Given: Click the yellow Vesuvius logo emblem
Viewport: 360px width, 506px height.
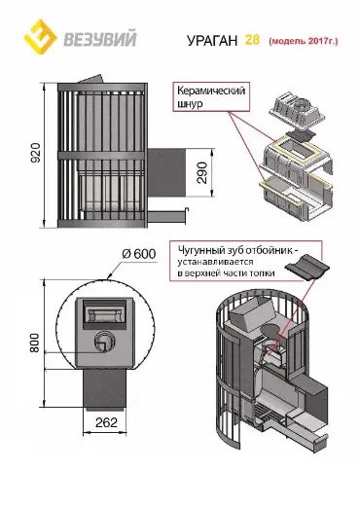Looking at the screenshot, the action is tap(40, 37).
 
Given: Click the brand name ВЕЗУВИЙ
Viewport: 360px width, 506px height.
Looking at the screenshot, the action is tap(99, 39).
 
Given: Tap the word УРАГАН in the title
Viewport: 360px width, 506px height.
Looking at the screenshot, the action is tap(212, 41).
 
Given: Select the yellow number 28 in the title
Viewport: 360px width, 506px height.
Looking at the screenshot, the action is tap(252, 40).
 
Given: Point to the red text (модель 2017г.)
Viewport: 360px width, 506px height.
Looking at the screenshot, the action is tap(304, 41).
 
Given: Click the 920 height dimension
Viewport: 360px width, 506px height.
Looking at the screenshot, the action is tap(36, 153).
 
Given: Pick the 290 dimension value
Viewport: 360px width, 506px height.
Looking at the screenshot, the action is tap(201, 172).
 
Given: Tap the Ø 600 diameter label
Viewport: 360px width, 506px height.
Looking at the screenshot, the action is tap(139, 254).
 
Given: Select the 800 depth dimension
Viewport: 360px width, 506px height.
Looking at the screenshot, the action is tap(34, 343).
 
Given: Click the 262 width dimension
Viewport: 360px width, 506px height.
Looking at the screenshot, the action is tap(106, 422).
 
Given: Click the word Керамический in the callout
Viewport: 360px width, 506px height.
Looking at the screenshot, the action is tap(211, 90).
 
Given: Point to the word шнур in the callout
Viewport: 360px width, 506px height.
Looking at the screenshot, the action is tap(190, 104).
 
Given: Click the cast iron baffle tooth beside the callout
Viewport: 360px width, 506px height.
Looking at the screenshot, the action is tap(306, 267).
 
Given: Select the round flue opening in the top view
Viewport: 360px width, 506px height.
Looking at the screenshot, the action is tap(104, 342).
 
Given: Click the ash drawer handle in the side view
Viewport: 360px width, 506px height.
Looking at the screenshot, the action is tap(167, 215).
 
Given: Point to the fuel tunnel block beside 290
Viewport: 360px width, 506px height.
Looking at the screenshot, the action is tap(166, 172).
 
